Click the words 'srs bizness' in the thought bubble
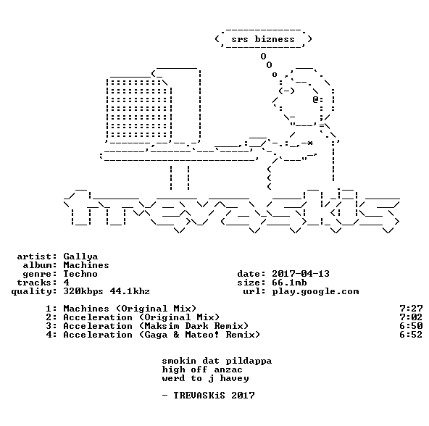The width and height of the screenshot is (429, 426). coord(263,39)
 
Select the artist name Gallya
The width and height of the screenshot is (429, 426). coord(80,256)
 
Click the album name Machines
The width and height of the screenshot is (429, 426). coord(86,265)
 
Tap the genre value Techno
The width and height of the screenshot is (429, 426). coord(80,274)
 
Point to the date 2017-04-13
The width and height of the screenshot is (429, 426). coord(301,274)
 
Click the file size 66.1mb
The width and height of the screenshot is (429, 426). coord(289,283)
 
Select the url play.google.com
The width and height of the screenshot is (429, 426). coord(315,292)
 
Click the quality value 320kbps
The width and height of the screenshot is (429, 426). coord(83,292)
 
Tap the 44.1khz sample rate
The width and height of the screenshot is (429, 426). coord(130,291)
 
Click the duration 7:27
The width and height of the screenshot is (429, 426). coord(411,309)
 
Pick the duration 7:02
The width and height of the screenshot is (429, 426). coord(411,317)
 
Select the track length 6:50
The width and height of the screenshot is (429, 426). coord(411,326)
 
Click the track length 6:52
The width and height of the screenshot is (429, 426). coord(411,335)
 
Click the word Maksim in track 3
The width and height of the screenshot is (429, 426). coord(162,326)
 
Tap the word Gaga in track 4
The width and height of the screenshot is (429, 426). coord(156,335)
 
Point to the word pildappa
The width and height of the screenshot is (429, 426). coord(249,361)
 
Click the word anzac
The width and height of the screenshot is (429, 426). coord(228,370)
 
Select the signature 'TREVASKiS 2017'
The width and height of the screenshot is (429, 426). coord(214,396)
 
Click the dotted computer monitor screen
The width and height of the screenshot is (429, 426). coord(139,109)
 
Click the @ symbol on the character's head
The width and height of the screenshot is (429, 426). coord(316,99)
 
